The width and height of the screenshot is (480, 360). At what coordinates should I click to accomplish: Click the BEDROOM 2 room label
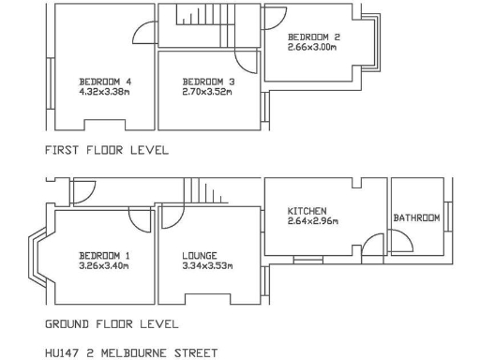(x=313, y=37)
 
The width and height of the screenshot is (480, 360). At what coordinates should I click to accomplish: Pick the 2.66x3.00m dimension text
(x=313, y=47)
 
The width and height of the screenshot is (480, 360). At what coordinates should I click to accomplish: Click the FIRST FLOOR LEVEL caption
(x=106, y=149)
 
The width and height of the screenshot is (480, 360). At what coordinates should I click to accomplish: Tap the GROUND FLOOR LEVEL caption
(x=112, y=324)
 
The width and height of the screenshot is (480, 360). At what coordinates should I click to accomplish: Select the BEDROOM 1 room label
(x=104, y=255)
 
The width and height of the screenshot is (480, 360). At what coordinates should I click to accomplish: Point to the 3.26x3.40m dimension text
(x=104, y=265)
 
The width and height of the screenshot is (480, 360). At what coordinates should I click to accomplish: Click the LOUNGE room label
(x=200, y=255)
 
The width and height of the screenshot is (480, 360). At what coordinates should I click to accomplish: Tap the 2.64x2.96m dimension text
(x=312, y=221)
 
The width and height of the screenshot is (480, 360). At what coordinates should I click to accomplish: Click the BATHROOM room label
(x=416, y=217)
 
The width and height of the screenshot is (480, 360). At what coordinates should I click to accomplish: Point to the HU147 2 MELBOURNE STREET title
(x=130, y=353)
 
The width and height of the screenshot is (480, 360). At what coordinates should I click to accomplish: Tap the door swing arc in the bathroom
(x=402, y=241)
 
